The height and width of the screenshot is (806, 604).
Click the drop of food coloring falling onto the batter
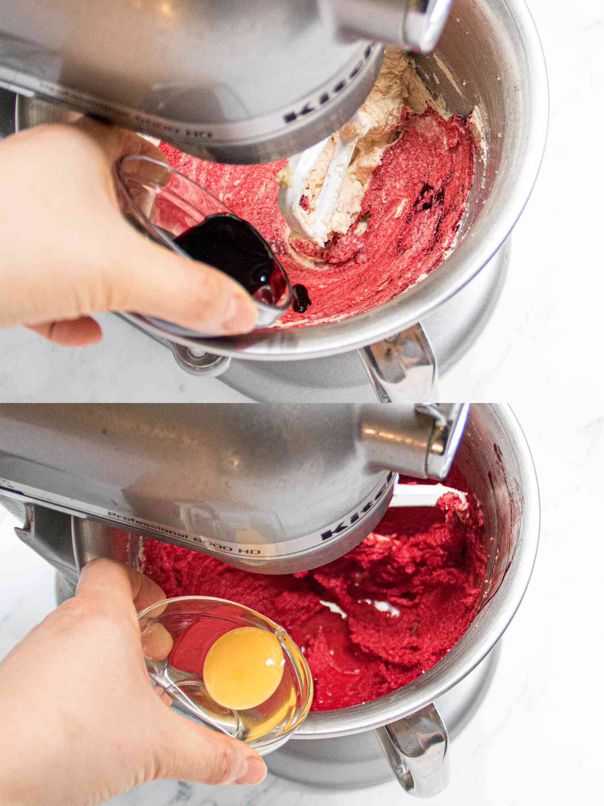click(x=301, y=298)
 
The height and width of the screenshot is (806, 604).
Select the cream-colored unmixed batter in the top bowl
click(x=387, y=113)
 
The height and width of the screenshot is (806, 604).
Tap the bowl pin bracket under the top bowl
click(x=197, y=357)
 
